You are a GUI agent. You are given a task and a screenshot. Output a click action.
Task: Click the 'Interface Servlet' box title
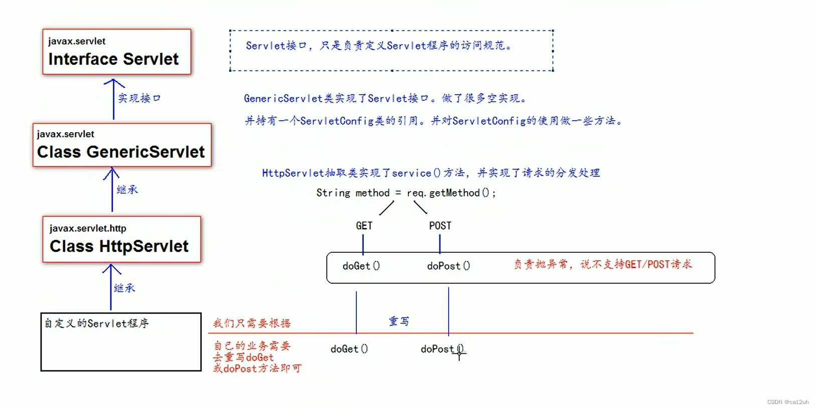113,59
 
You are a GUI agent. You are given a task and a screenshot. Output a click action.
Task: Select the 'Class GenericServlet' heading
121,152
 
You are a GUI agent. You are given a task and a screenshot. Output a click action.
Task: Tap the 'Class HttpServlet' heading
119,246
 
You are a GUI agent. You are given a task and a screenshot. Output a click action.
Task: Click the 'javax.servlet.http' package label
88,228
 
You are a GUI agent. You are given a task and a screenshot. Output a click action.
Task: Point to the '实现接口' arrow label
139,98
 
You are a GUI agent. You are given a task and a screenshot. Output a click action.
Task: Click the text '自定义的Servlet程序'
96,323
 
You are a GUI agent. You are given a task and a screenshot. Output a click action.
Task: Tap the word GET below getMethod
364,226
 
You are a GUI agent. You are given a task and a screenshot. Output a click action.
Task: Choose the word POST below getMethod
440,226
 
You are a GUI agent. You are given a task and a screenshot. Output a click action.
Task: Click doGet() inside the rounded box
361,266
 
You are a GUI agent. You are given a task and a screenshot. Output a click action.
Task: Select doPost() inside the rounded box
448,266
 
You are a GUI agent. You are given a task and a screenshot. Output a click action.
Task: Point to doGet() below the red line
349,349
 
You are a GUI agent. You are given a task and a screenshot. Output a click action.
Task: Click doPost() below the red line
441,349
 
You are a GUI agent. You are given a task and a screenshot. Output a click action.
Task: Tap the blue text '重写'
399,321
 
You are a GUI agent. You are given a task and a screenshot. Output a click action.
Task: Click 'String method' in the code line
353,193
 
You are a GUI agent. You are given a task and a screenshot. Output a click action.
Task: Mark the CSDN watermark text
787,402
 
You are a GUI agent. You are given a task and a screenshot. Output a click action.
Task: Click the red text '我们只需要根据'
252,323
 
